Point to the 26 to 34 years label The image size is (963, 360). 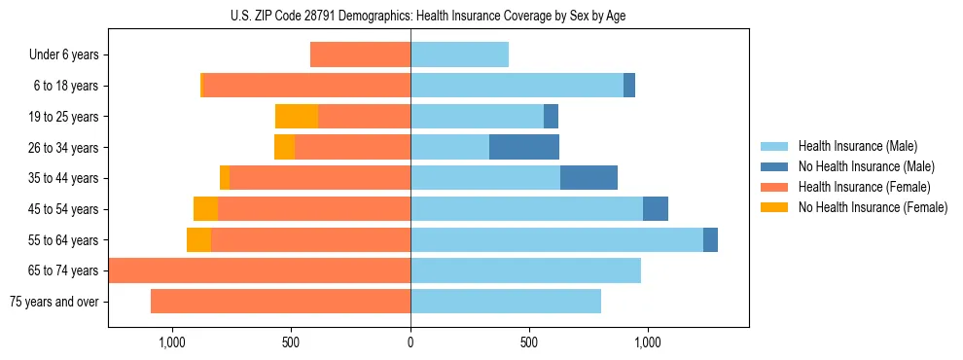pyautogui.click(x=64, y=148)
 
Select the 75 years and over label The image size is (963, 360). pyautogui.click(x=54, y=302)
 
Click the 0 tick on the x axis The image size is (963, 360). pyautogui.click(x=410, y=342)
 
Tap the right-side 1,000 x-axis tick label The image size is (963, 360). pyautogui.click(x=648, y=342)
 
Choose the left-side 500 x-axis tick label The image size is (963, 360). pyautogui.click(x=291, y=342)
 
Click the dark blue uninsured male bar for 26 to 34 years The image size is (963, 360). pyautogui.click(x=524, y=147)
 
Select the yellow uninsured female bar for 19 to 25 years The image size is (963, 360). pyautogui.click(x=297, y=117)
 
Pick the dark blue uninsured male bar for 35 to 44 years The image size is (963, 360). pyautogui.click(x=588, y=178)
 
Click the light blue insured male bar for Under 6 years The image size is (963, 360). pyautogui.click(x=459, y=55)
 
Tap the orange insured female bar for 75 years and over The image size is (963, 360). pyautogui.click(x=280, y=302)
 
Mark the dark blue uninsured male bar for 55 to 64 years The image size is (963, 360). pyautogui.click(x=710, y=239)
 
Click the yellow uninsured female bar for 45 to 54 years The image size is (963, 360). pyautogui.click(x=205, y=209)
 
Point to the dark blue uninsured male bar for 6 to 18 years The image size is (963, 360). pyautogui.click(x=629, y=86)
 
